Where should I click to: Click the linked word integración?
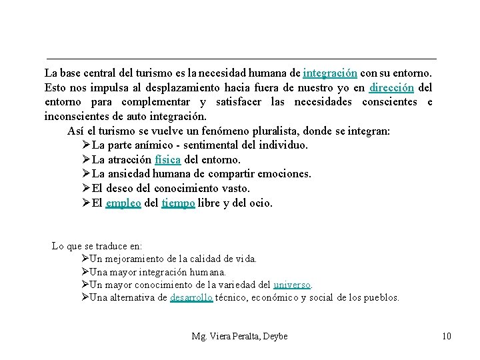(330, 72)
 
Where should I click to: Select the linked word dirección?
(392, 87)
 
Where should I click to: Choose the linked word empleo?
(123, 203)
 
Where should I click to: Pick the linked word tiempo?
(178, 203)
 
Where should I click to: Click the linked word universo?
(293, 285)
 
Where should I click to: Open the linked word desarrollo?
(191, 298)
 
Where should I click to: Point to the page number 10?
(446, 336)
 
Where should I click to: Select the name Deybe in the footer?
(274, 336)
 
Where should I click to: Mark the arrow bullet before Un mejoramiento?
(84, 259)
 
